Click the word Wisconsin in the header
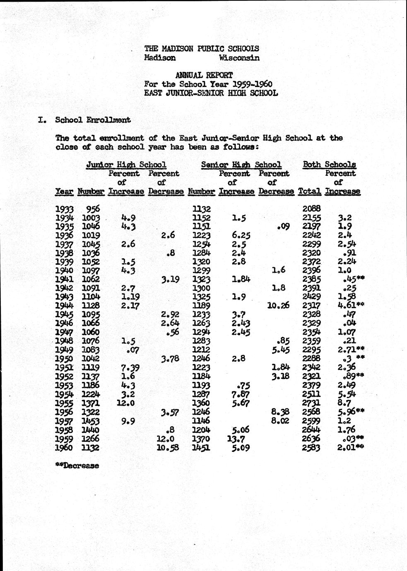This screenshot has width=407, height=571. coord(239,58)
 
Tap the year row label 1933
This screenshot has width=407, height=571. coord(64,209)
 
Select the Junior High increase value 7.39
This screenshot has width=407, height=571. coord(128,367)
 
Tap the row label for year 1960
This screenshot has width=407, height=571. coord(64,447)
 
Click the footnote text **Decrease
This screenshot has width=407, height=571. coord(77,465)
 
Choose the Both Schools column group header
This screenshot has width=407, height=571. coord(329,165)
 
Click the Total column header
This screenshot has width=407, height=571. coord(309,192)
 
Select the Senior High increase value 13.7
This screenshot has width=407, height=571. coord(235,439)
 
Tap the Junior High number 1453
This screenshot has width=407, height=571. coord(91,421)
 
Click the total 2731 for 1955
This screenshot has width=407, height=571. coord(312,403)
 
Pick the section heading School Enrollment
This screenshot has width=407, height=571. coord(93,120)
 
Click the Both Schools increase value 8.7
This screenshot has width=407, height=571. coord(344,403)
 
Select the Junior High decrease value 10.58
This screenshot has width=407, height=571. coord(168,447)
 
